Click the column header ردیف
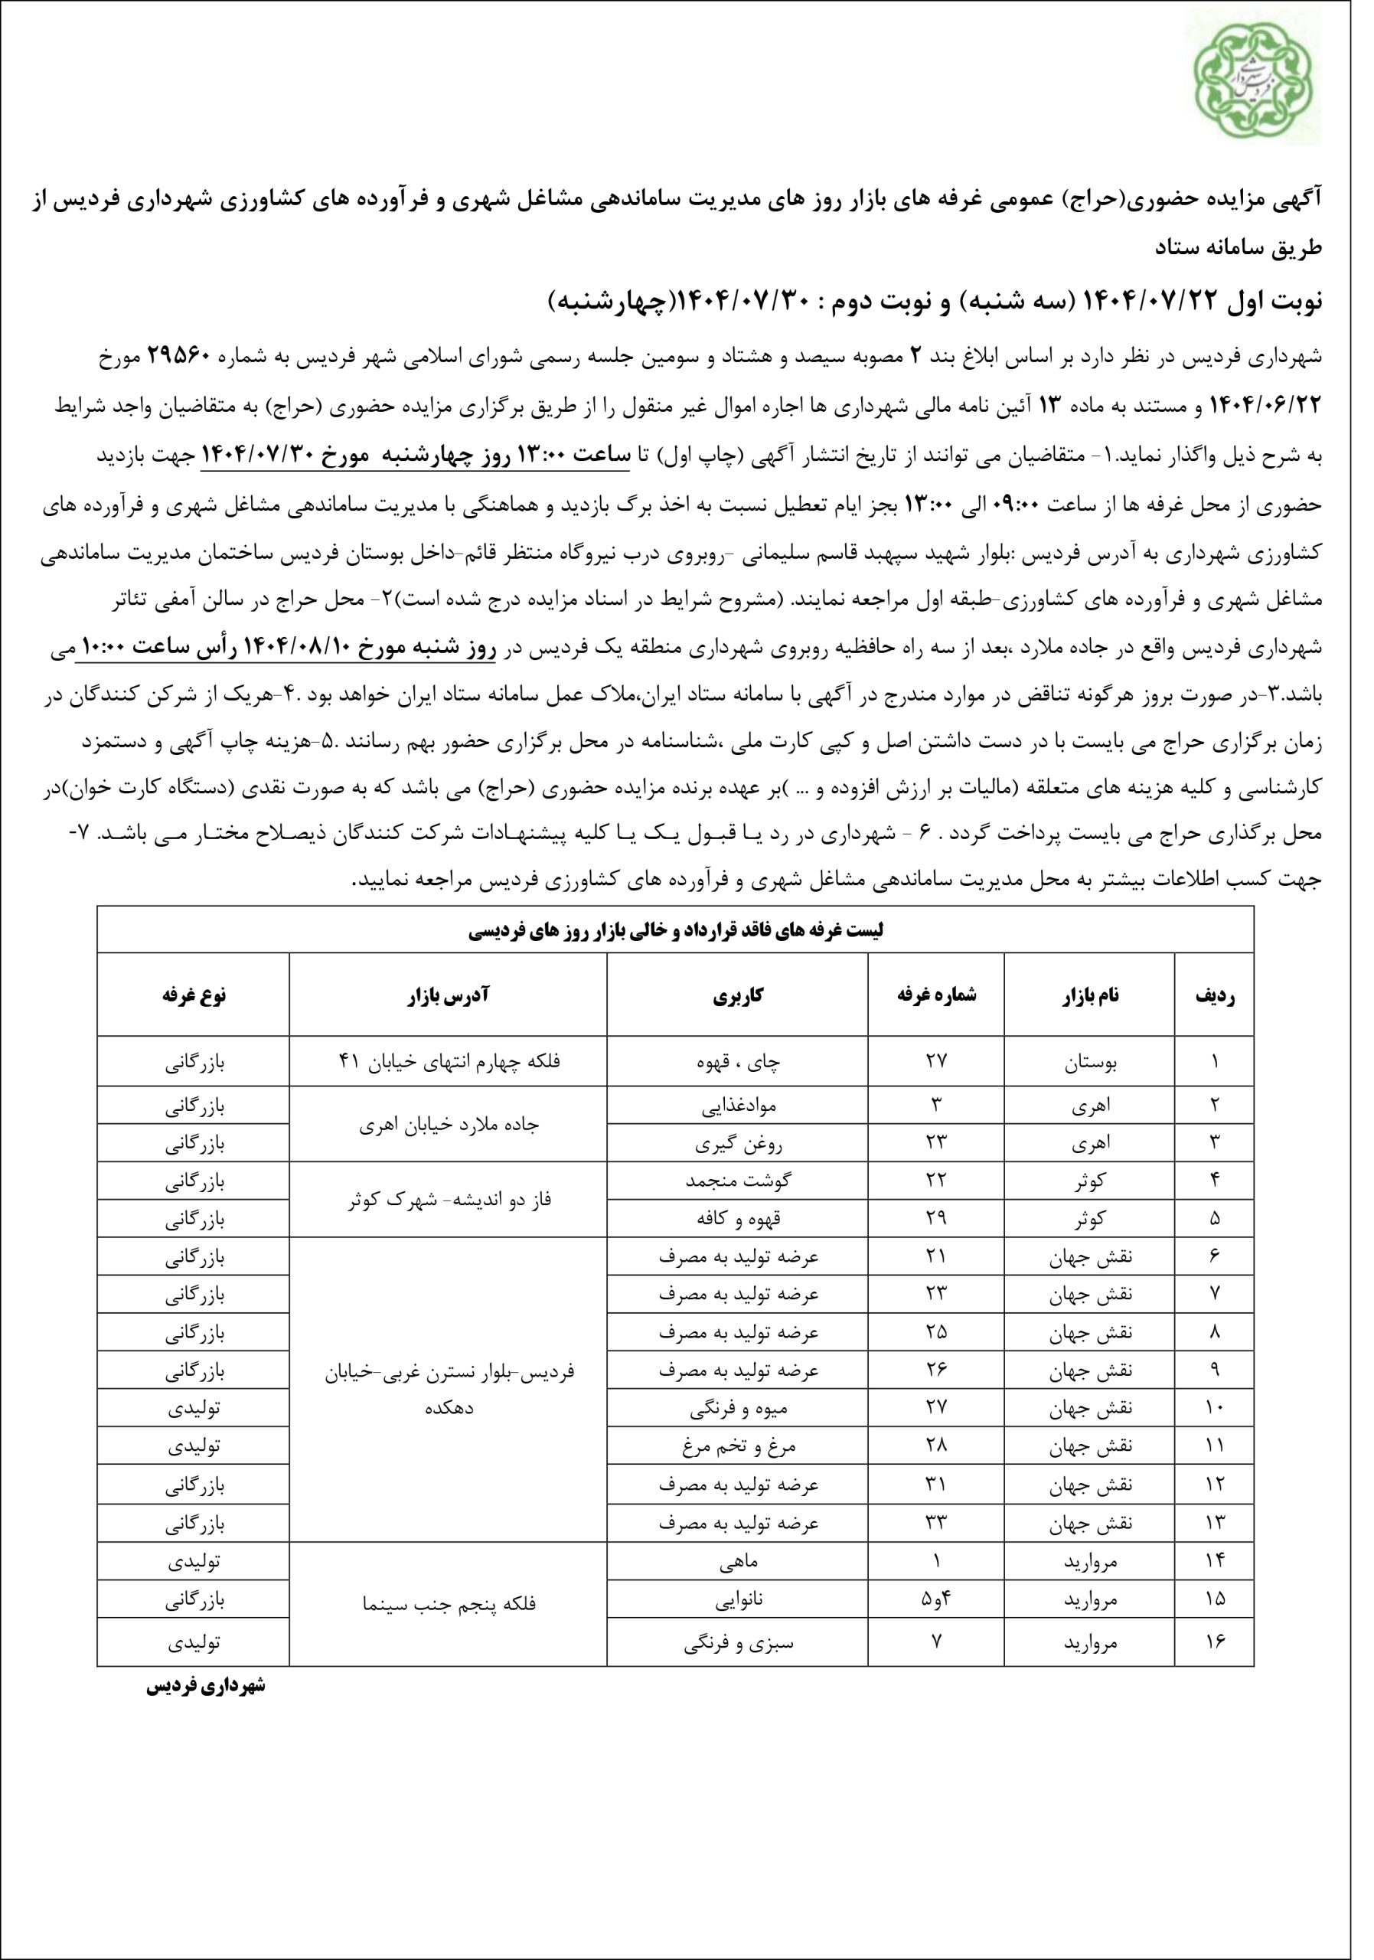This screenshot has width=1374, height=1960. (1213, 995)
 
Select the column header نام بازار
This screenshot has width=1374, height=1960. (1089, 995)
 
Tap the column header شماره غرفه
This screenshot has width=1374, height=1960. (936, 995)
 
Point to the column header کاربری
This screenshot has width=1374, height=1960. (738, 995)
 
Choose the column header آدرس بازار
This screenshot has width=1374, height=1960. (449, 995)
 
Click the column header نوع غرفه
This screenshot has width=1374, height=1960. (194, 995)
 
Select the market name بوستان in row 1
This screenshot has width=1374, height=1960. (1089, 1062)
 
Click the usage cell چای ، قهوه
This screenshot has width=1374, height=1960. (738, 1062)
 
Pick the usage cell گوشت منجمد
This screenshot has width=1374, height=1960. (738, 1181)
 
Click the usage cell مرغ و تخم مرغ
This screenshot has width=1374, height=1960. (738, 1447)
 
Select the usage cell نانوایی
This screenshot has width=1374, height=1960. (738, 1599)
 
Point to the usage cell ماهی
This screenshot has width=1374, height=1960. (738, 1562)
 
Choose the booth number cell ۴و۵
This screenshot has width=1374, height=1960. (936, 1599)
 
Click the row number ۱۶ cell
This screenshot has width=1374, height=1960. (1213, 1638)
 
